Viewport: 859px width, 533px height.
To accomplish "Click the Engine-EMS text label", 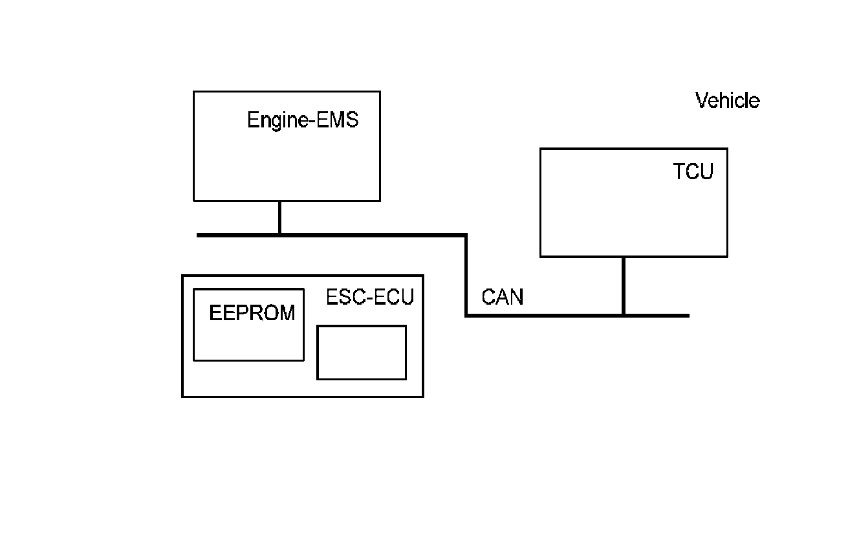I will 303,120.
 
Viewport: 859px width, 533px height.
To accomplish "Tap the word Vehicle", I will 727,101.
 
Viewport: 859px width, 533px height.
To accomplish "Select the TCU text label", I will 693,172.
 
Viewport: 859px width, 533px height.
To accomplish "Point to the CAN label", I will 503,297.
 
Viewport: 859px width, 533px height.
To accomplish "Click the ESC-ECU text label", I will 369,297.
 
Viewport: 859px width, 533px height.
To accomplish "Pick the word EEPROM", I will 252,314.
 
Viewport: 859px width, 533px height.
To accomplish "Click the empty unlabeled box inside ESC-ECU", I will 362,353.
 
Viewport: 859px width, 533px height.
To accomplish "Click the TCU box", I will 633,213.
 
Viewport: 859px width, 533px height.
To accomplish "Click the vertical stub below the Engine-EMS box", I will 279,217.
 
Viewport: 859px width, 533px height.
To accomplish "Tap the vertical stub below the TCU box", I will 623,285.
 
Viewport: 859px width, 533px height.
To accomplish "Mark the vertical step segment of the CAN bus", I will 466,275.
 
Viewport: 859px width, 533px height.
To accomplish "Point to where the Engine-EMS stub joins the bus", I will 279,235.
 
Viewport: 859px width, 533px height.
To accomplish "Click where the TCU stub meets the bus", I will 623,316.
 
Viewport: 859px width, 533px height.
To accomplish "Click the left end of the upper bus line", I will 199,235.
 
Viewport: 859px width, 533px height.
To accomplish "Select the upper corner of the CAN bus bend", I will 466,235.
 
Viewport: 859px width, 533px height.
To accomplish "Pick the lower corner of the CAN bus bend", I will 466,315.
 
